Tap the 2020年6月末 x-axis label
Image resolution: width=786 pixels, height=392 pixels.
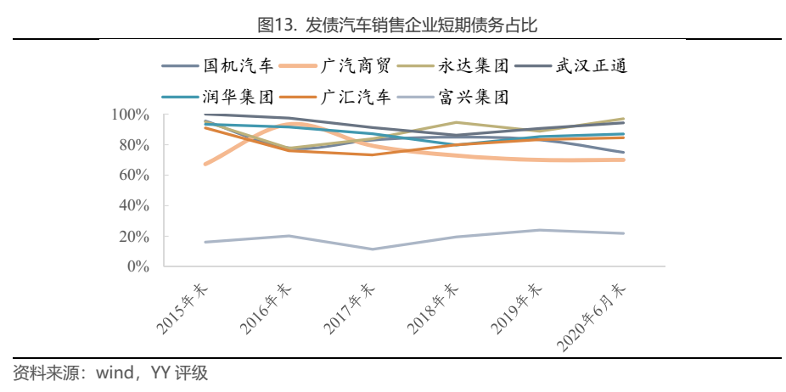coord(594,318)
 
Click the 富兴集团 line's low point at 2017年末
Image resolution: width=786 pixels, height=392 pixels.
coord(373,249)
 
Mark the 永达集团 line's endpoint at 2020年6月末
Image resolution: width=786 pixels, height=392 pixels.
coord(624,119)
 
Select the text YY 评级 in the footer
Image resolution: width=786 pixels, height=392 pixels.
coord(179,372)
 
